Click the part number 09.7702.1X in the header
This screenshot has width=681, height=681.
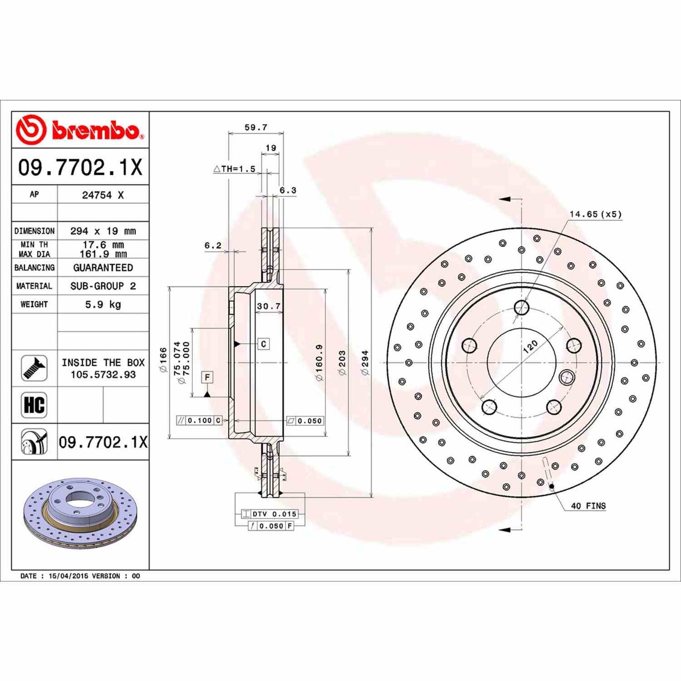(x=80, y=167)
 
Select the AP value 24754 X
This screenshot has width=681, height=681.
(x=103, y=195)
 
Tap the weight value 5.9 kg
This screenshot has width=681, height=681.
(x=103, y=304)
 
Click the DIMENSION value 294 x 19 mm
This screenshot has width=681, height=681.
(x=103, y=231)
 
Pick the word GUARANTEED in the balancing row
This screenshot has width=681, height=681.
(x=103, y=268)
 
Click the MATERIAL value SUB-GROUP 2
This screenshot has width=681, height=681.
(x=103, y=286)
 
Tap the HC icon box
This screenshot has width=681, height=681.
(x=34, y=405)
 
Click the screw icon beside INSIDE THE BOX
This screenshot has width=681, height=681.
(x=34, y=368)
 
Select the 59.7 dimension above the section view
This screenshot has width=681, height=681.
(x=256, y=127)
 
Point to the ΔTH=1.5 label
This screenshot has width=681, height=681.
(x=234, y=169)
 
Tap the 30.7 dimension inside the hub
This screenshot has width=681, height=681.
(x=269, y=306)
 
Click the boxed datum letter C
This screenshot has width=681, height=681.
(x=263, y=344)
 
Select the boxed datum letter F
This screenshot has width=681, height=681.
(x=207, y=377)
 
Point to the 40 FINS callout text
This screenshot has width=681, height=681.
(x=588, y=506)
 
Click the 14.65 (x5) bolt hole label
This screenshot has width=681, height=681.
(x=595, y=214)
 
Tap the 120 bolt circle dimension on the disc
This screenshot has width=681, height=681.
(x=530, y=347)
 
